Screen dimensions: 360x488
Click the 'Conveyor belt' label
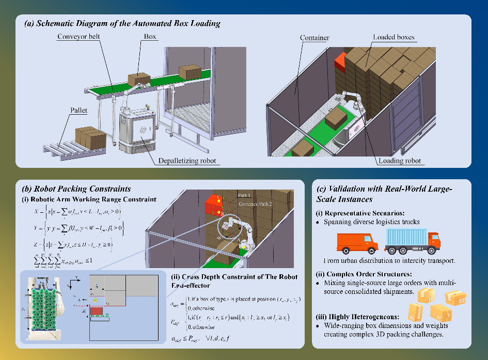[x=78, y=37]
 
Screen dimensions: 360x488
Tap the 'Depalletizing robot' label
[x=187, y=161]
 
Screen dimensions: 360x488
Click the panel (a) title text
[x=122, y=23]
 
